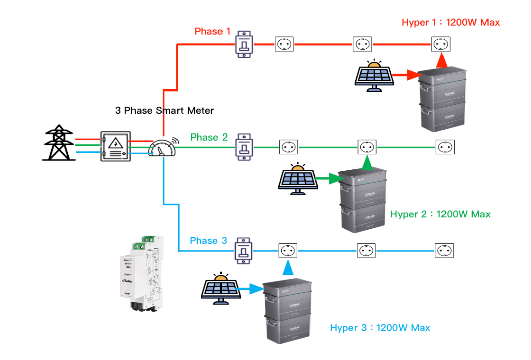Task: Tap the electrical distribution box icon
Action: tap(115, 147)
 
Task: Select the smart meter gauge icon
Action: tap(162, 147)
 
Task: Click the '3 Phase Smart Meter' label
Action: tap(164, 110)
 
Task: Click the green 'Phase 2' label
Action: tap(208, 138)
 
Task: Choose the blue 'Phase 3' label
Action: tap(208, 241)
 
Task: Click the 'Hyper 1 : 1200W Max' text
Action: tap(451, 22)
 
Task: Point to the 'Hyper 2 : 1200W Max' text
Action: tap(440, 214)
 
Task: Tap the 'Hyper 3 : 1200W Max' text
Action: tap(380, 328)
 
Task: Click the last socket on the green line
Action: tap(445, 147)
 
